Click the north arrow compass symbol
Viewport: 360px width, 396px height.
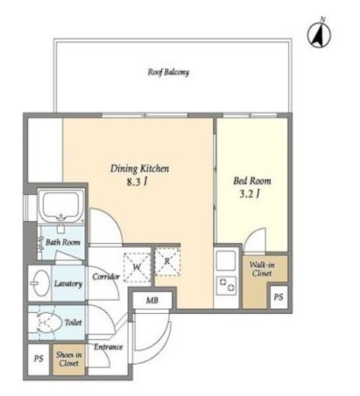pos(319,34)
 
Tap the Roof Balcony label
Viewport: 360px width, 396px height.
pos(168,72)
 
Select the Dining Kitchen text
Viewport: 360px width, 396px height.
pos(139,168)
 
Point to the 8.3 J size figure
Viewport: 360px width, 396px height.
pos(137,182)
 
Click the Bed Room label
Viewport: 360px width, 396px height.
pos(252,180)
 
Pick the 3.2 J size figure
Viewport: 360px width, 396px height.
pos(250,194)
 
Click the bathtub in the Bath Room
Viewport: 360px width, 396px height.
pos(61,206)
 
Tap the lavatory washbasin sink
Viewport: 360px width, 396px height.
pos(40,283)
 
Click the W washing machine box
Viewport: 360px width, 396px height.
pos(137,267)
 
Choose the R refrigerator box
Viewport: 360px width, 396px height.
pos(167,262)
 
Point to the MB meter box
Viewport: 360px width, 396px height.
pos(152,300)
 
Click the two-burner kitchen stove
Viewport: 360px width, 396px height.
pos(227,286)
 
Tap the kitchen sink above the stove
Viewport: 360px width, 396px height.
pos(226,261)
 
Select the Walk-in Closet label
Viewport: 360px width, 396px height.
pos(262,269)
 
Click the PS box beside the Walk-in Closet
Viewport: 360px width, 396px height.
pos(279,297)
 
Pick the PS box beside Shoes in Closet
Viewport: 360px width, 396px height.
pos(38,359)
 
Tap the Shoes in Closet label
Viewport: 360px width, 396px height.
pos(68,359)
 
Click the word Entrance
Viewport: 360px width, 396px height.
pos(108,347)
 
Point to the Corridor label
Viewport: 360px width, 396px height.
pos(106,276)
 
